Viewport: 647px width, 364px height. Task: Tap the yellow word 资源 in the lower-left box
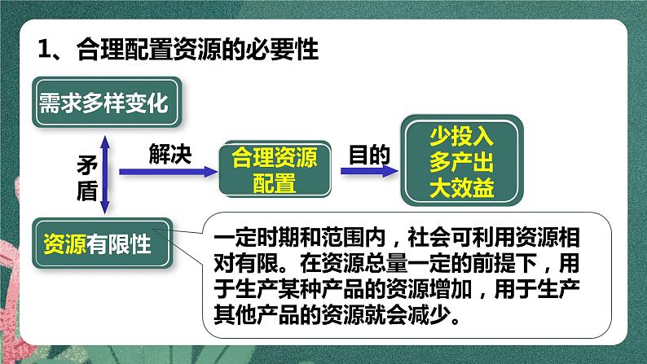pos(64,243)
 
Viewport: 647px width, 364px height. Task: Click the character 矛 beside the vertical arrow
pos(86,164)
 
